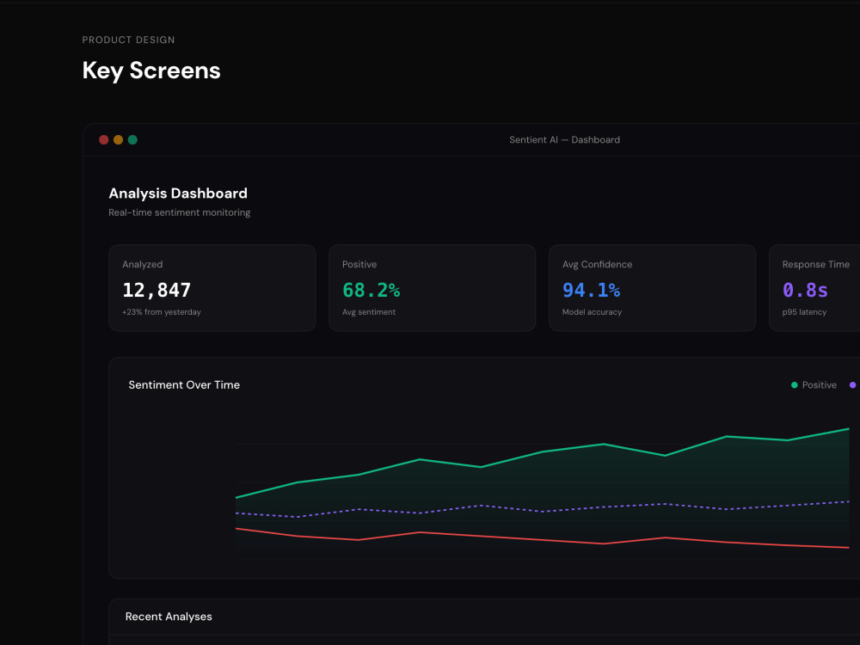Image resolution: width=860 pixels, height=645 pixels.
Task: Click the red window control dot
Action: tap(104, 140)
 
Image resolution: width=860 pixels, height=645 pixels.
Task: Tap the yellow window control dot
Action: tap(118, 140)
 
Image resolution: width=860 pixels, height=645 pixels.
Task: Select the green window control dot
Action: tap(132, 140)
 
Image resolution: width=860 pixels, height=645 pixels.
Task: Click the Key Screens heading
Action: tap(151, 71)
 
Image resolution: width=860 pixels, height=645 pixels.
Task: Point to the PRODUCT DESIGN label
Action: tap(128, 40)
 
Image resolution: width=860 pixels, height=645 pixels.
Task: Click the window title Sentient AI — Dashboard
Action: tap(564, 140)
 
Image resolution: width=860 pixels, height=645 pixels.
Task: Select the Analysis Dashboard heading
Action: tap(178, 193)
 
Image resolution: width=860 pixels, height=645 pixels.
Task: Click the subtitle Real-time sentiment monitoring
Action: tap(180, 212)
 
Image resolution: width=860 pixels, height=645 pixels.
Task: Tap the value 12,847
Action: tap(157, 290)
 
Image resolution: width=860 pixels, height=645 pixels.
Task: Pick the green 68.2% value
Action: tap(371, 290)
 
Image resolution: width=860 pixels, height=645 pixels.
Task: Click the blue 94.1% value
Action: tap(591, 290)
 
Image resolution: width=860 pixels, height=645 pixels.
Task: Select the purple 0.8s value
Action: tap(805, 290)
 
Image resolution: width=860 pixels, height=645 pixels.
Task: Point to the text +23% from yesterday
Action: tap(162, 312)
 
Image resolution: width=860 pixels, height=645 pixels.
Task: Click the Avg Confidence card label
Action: tap(597, 264)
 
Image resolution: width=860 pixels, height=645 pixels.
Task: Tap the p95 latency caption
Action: tap(804, 312)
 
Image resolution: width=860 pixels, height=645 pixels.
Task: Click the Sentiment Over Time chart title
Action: tap(184, 385)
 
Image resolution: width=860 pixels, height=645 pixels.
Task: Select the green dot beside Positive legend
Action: tap(794, 385)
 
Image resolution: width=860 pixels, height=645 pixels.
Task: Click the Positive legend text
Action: tap(820, 385)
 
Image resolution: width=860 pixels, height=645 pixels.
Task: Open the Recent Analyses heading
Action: tap(169, 617)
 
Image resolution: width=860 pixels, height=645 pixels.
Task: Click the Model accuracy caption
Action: tap(592, 312)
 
